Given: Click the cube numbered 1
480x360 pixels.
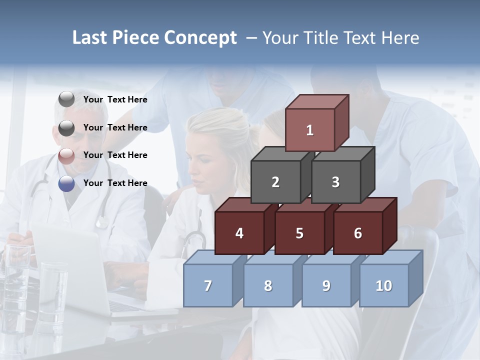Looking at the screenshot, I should coord(310,130).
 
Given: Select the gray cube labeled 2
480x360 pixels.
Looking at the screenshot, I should coord(275,182).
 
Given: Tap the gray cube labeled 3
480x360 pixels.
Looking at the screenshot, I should coord(335,182).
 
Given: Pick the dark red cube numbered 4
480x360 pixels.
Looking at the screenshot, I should coord(239,233).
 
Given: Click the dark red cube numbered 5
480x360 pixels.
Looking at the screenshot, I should coord(299,233).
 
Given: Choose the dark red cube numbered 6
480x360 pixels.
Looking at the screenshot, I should coord(357,233).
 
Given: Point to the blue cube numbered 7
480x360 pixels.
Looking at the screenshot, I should coord(208,285).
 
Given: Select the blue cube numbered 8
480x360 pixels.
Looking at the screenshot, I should coord(268,285).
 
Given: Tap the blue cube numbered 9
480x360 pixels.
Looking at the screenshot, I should coord(326,285).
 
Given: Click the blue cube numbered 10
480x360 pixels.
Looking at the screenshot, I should coord(384,285).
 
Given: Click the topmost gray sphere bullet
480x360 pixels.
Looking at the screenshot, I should coord(66,99).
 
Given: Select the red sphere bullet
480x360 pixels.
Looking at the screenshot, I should coord(66,155).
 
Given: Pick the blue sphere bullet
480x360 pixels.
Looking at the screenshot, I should coord(66,183).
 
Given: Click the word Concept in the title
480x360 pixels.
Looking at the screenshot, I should coord(200,37).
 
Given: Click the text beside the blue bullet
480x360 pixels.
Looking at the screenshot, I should coord(115,183).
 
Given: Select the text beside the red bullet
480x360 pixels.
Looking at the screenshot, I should coord(115,155).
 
